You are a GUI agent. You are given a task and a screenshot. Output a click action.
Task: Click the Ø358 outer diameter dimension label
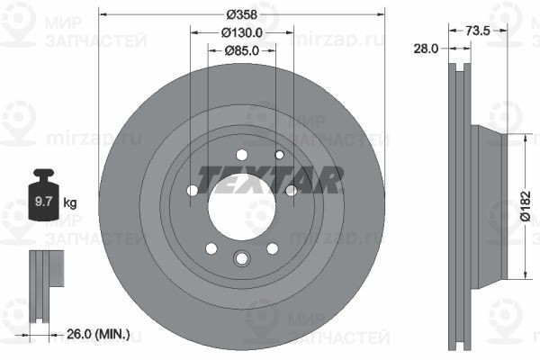tap(242, 14)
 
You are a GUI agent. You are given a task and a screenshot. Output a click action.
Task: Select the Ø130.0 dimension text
tap(242, 32)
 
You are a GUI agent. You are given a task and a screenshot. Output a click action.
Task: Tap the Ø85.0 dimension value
tap(242, 51)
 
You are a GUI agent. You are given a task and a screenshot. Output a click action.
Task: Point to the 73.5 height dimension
tap(477, 31)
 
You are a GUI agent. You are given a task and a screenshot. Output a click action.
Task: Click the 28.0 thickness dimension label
tap(426, 49)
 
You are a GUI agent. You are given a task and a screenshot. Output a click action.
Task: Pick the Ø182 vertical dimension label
tap(525, 206)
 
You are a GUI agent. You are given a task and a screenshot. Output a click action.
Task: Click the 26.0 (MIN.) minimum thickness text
tap(98, 334)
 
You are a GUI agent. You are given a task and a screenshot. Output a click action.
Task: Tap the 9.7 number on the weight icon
tap(43, 202)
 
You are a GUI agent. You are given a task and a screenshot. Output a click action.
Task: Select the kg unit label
tap(70, 202)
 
